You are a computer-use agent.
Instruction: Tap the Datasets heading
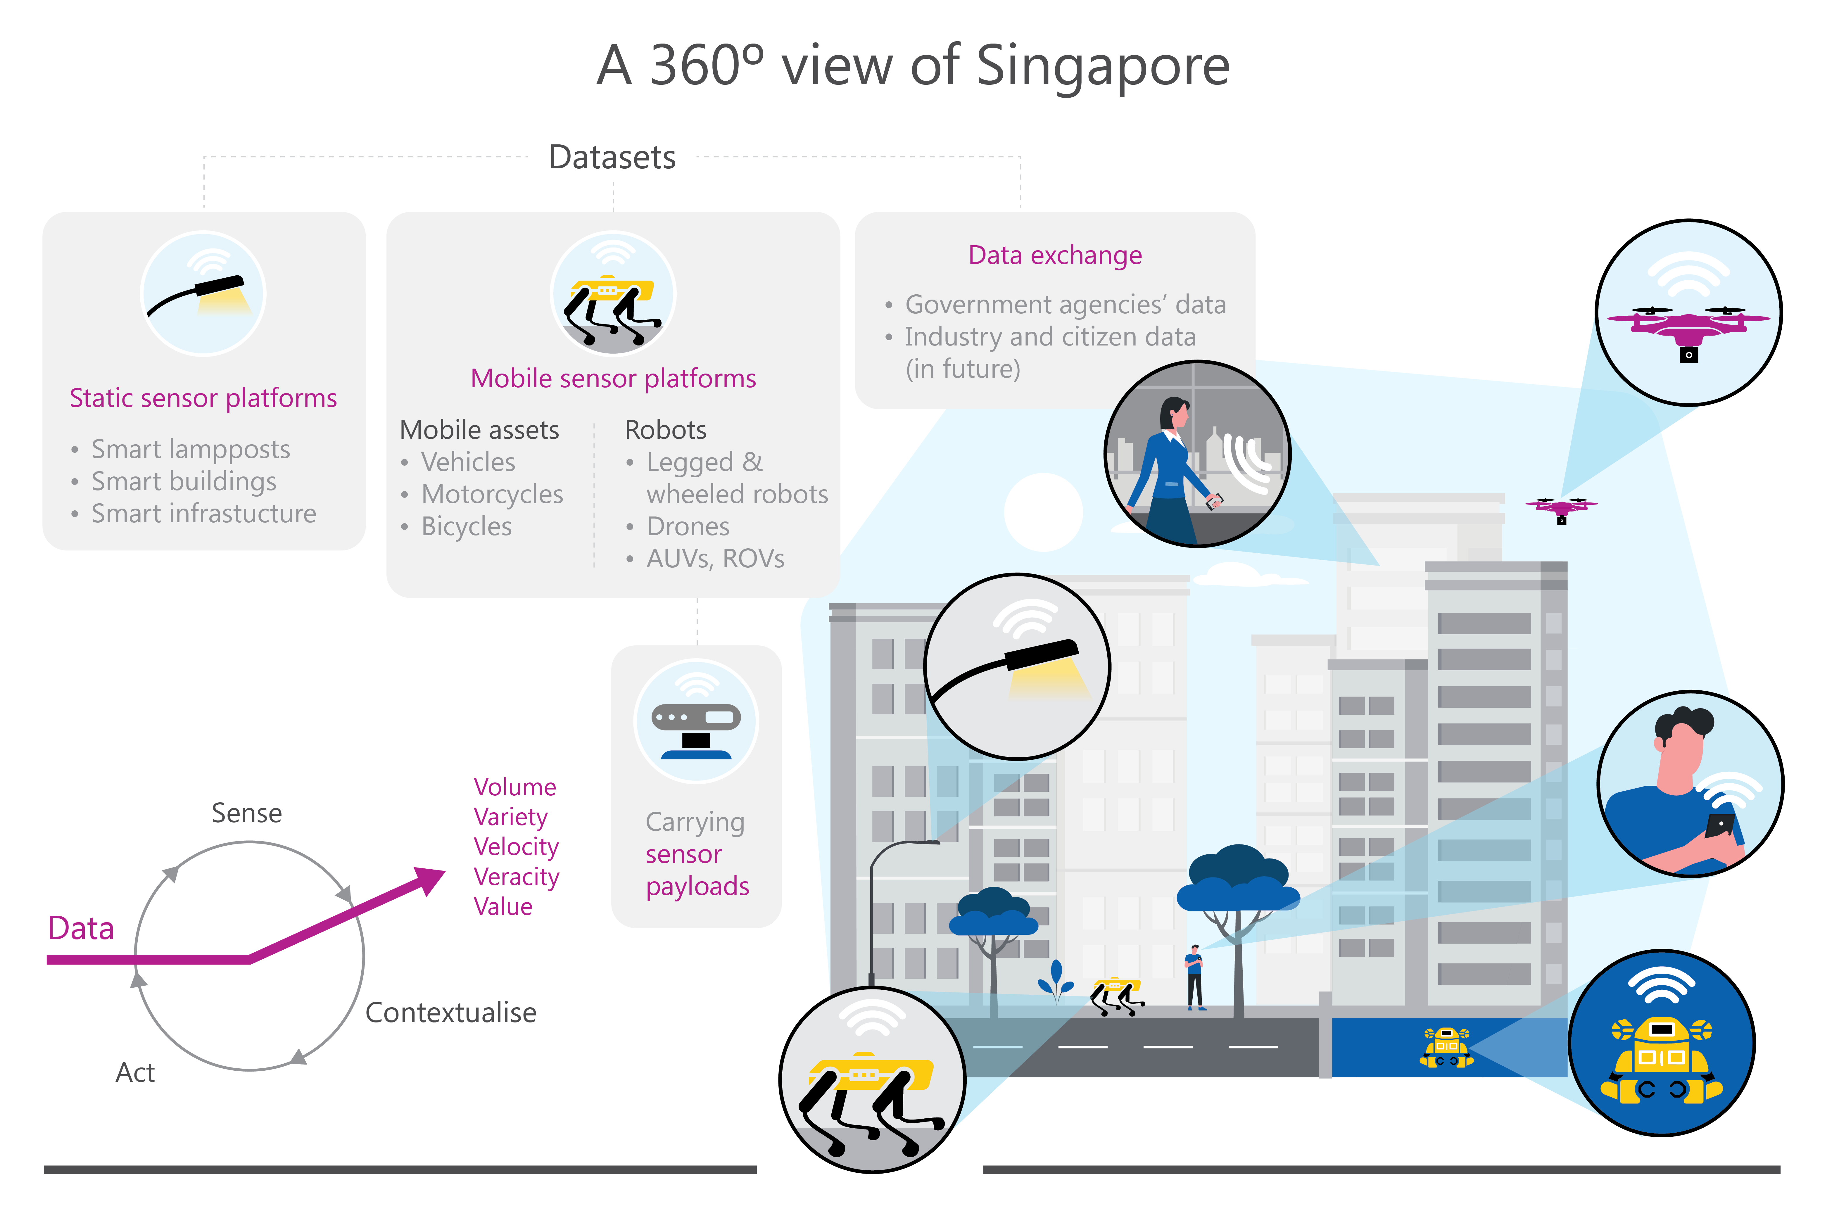[612, 158]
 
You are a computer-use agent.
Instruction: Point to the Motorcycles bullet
[492, 495]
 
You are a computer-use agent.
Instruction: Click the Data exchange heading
[1055, 255]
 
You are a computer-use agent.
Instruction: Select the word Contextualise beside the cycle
[450, 1013]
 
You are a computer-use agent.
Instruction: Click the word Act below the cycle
[135, 1073]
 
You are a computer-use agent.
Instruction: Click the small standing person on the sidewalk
[1195, 977]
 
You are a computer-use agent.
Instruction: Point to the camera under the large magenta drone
[1689, 355]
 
